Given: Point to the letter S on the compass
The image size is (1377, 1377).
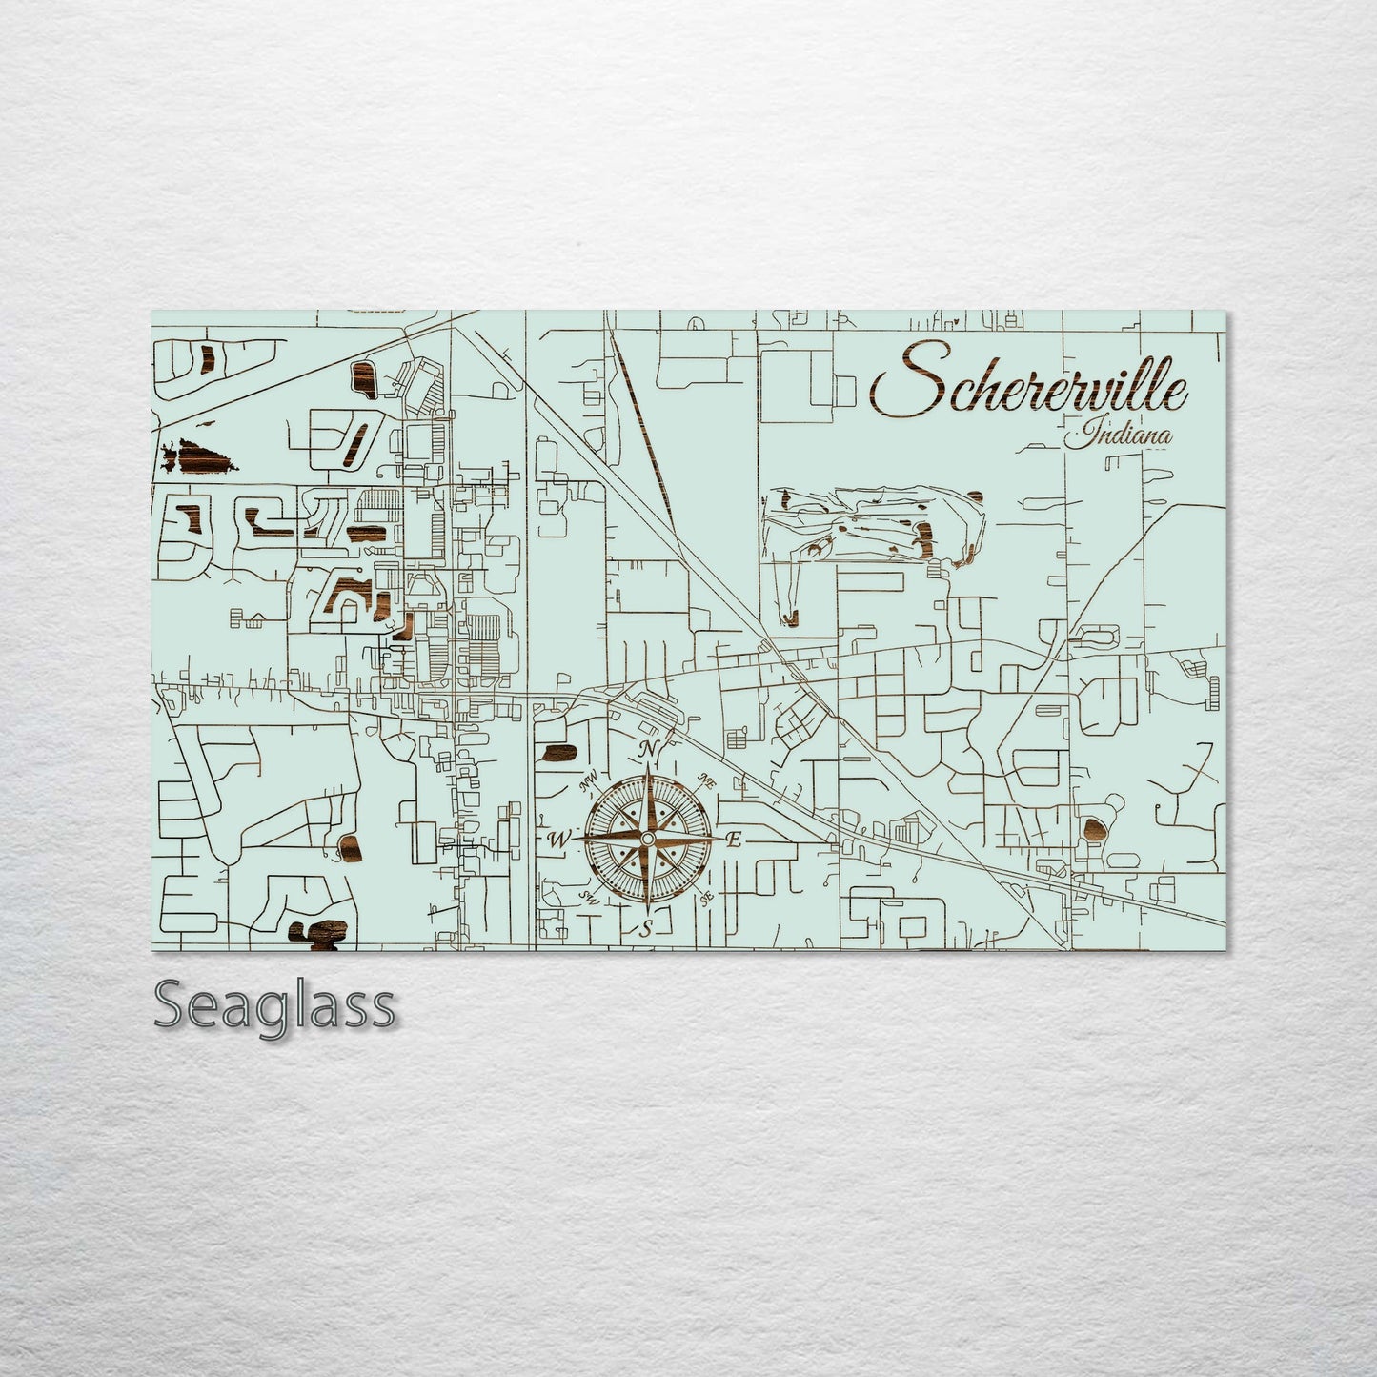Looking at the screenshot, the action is coord(645,929).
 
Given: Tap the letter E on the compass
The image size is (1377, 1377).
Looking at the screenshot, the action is coord(734,840).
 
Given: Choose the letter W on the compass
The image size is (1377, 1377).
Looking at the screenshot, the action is coord(558,840).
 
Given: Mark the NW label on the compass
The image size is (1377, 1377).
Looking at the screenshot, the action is coord(588,783).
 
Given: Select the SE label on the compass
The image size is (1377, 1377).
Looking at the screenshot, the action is coord(706,898).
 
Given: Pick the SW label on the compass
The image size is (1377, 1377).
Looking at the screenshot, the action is coord(589,898).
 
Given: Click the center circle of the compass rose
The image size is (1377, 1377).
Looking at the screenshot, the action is coord(647,838).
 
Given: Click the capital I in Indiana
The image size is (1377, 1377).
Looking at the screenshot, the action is coord(1081,435).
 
